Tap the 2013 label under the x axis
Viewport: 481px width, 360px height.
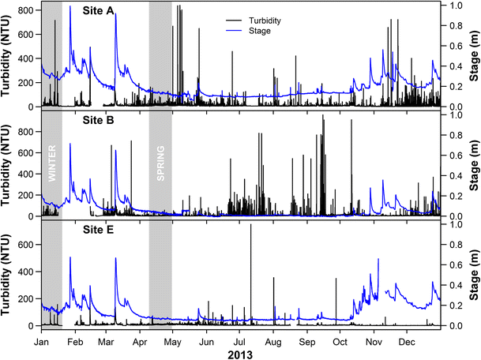pyautogui.click(x=240, y=354)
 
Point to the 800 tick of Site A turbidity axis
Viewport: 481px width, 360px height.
pyautogui.click(x=28, y=10)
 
